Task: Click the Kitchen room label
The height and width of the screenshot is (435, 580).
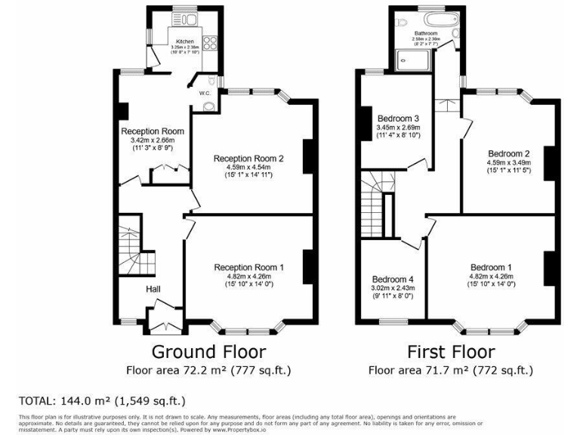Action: (185, 42)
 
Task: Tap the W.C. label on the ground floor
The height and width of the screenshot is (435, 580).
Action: (204, 93)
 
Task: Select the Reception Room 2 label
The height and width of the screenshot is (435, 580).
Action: (248, 159)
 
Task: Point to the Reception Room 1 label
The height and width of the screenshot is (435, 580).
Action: (248, 267)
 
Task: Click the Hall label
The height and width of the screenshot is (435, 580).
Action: (153, 288)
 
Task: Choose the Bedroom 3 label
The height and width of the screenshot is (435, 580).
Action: (398, 119)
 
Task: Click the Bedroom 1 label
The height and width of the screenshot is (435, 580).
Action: (491, 267)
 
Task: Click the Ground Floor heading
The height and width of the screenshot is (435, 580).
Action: (208, 351)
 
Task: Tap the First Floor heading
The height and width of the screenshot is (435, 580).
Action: (451, 351)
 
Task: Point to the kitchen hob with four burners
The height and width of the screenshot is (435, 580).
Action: (209, 42)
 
